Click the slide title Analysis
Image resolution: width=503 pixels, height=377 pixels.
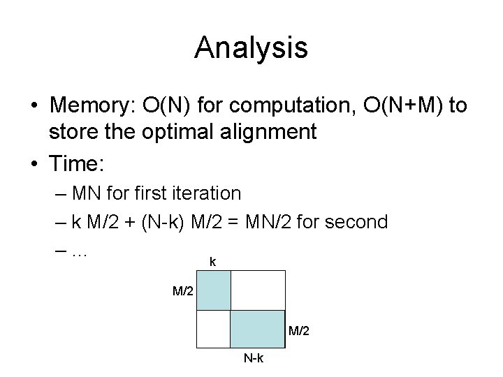coord(251,48)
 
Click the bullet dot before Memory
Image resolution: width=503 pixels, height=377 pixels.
coord(34,106)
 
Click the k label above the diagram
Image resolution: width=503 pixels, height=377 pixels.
coord(213,263)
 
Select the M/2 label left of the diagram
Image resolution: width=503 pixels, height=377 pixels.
coord(183,289)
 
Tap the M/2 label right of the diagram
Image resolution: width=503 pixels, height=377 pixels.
coord(298,330)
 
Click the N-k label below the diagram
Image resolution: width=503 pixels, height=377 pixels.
coord(253,359)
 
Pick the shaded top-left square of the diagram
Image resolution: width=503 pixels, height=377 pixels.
coord(214,289)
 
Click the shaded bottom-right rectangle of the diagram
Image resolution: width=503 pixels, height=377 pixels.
coord(258,329)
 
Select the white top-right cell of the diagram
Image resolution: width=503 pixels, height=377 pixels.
coord(258,289)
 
